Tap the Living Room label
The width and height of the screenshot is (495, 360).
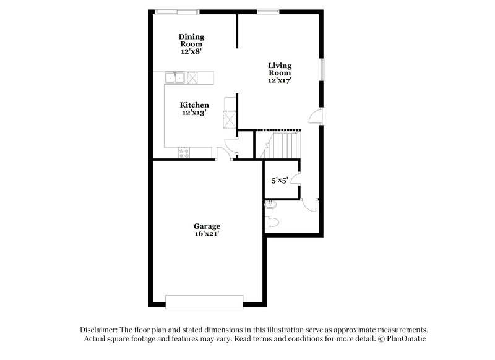tap(280, 69)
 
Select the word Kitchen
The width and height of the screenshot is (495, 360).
tap(194, 105)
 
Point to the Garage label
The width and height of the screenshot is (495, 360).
tap(207, 226)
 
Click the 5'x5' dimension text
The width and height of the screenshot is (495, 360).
tap(280, 181)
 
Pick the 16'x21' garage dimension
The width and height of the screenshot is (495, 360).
tap(207, 234)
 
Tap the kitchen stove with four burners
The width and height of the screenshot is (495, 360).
tap(184, 152)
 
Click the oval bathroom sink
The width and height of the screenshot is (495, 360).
tap(270, 205)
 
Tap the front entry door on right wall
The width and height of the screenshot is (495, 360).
tap(315, 116)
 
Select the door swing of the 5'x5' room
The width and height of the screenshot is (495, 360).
tap(295, 180)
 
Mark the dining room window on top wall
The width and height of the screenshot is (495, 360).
tap(177, 10)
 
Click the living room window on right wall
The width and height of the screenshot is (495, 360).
tap(321, 69)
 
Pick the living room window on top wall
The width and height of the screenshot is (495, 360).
tap(267, 10)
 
